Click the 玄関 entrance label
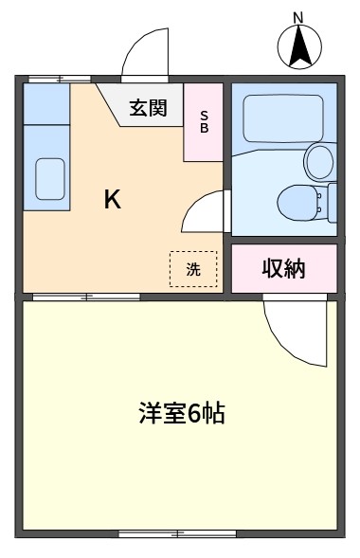(148, 108)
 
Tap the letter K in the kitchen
(113, 200)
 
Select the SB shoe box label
(204, 121)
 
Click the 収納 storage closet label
(283, 269)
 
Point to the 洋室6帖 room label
(182, 413)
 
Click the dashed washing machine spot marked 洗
(193, 269)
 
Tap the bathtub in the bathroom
(283, 118)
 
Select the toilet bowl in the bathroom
(297, 203)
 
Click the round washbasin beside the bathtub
(320, 162)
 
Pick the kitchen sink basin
(50, 179)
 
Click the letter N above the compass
(298, 18)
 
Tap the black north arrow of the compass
(299, 46)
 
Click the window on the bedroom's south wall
(177, 533)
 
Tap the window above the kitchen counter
(60, 79)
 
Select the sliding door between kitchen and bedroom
(86, 297)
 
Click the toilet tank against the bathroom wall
(333, 203)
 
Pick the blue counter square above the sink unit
(46, 103)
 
